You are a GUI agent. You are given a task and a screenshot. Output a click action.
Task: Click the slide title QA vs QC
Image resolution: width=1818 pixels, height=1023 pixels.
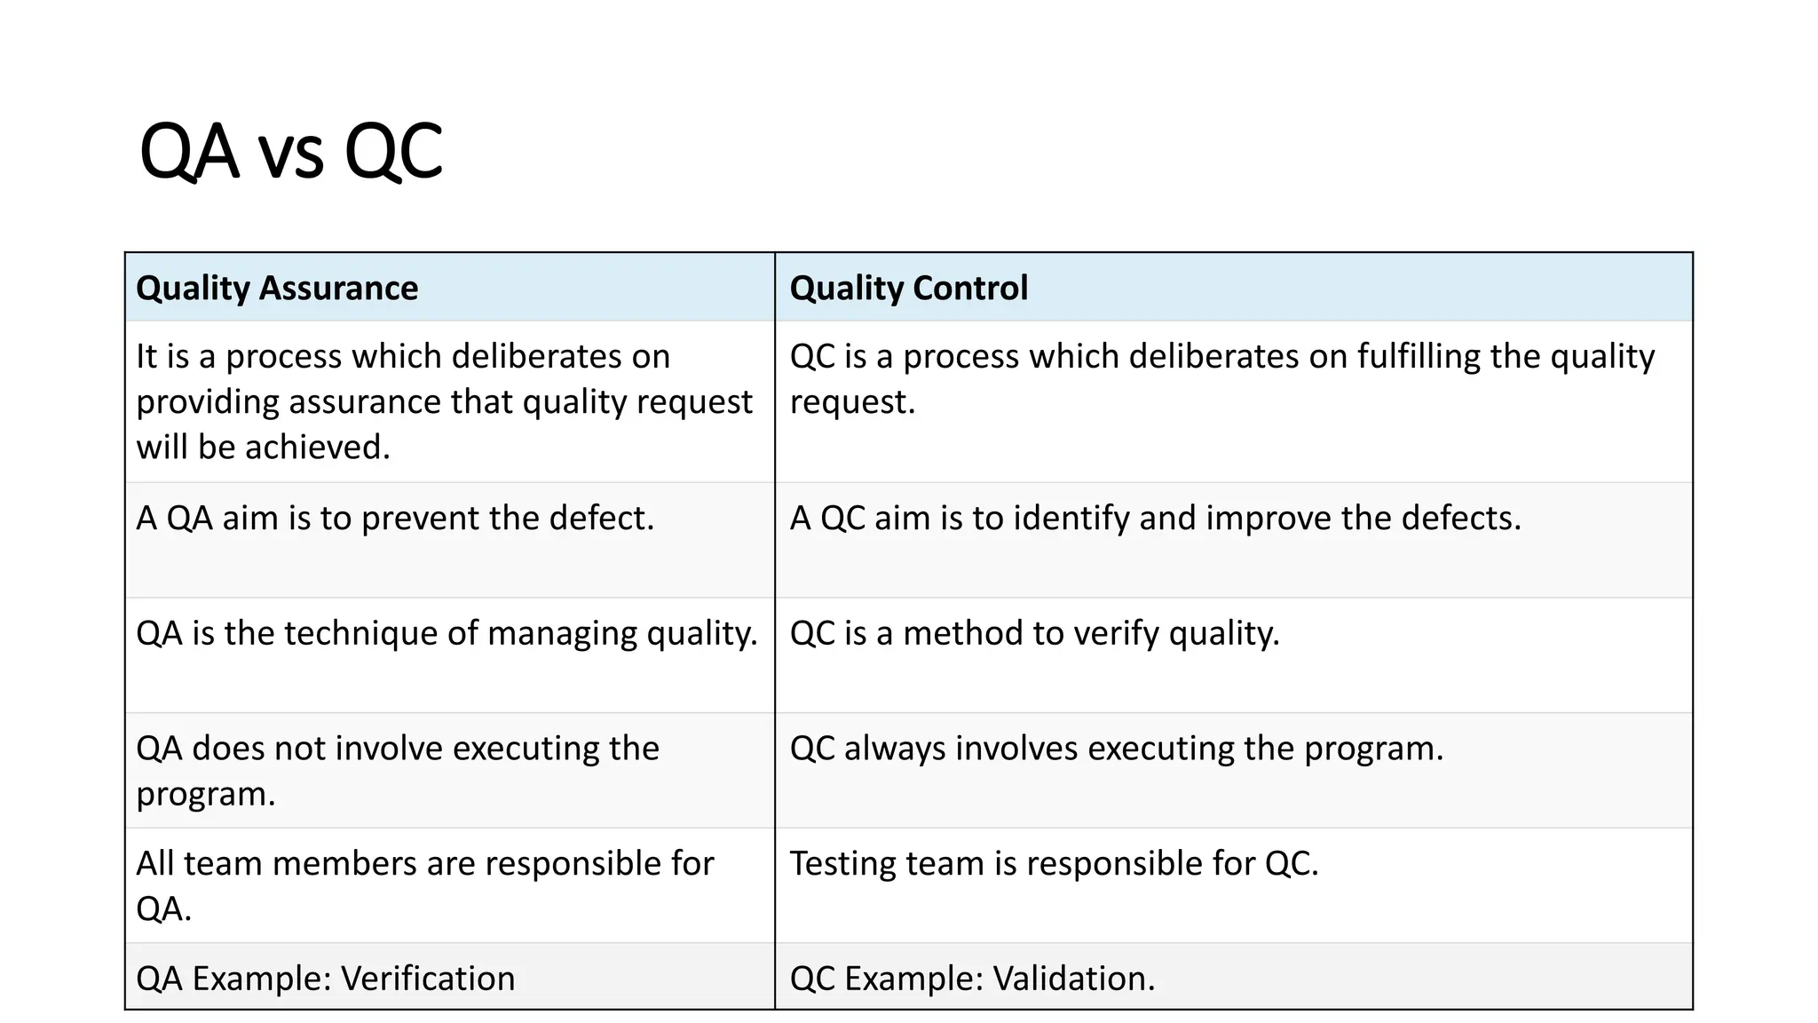(x=290, y=151)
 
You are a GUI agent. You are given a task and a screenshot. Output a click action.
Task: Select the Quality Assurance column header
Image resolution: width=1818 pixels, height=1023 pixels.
(x=277, y=288)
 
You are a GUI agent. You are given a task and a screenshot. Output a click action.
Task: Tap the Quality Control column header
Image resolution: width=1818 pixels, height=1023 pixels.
(x=908, y=288)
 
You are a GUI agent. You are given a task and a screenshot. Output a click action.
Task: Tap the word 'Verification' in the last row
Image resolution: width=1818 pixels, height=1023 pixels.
(x=428, y=979)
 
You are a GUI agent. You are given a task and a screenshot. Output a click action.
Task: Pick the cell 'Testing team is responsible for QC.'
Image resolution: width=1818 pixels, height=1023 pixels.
(x=1054, y=863)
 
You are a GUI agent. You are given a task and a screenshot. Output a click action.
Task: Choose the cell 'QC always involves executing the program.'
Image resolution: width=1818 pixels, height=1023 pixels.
(x=1116, y=749)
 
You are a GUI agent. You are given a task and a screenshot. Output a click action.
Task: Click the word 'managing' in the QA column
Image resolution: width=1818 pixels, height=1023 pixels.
(x=562, y=634)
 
